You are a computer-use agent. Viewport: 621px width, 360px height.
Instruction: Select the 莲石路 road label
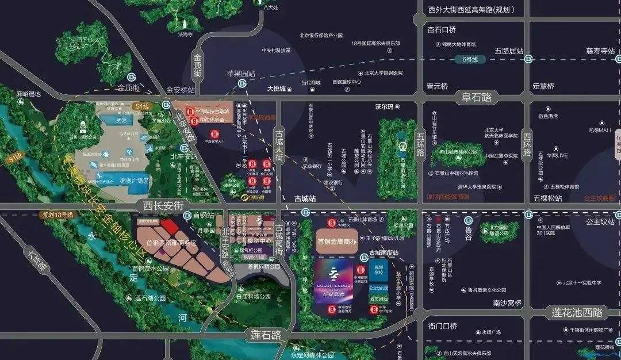pos(269,334)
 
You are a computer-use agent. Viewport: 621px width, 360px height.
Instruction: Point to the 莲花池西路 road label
pos(578,313)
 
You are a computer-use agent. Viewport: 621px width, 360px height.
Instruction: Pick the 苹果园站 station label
pos(241,74)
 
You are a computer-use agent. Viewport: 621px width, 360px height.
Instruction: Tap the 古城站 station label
pos(305,198)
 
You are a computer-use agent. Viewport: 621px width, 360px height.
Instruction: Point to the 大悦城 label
pos(276,89)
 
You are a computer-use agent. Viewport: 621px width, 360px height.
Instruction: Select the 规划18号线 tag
pos(58,215)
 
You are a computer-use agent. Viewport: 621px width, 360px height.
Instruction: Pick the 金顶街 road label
pos(128,88)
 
